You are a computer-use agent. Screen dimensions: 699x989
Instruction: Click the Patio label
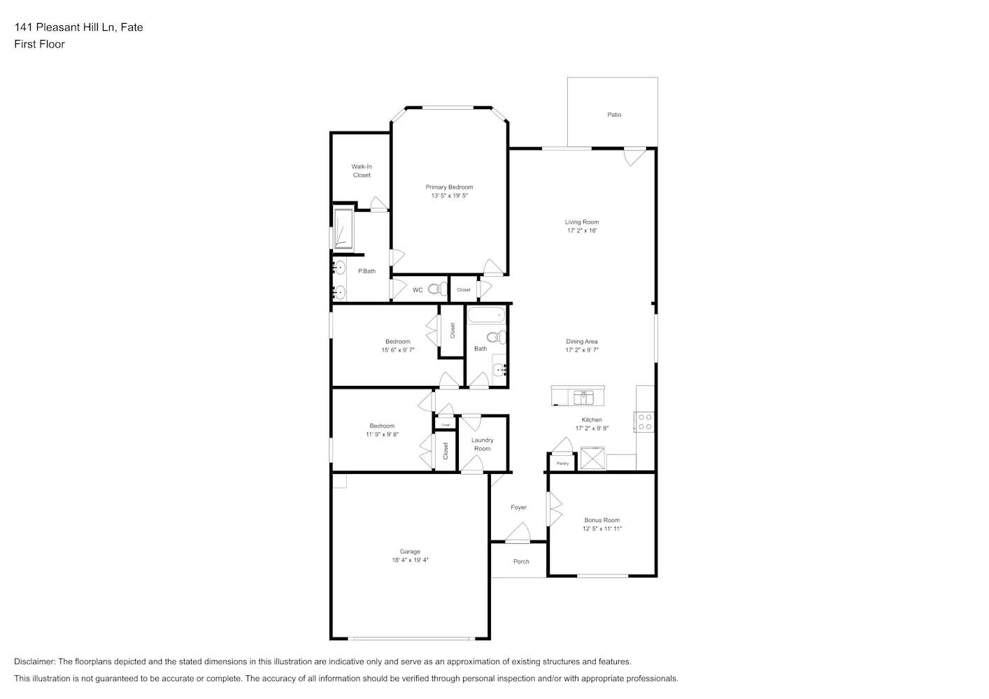(613, 115)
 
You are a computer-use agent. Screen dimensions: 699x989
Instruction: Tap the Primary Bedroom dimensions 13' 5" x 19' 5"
(449, 196)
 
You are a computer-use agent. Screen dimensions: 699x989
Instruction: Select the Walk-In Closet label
(362, 171)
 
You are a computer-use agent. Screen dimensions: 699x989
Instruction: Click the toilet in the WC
(438, 289)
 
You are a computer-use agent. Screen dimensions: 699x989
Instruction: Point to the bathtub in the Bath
(485, 315)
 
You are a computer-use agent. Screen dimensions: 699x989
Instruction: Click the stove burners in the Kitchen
(644, 421)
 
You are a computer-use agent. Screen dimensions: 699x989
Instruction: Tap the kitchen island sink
(583, 397)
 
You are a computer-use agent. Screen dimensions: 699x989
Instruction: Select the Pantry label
(562, 463)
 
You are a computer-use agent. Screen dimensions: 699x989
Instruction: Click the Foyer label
(518, 507)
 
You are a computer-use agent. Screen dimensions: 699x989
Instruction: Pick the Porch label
(521, 561)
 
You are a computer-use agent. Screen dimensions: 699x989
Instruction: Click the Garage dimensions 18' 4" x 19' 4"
(410, 560)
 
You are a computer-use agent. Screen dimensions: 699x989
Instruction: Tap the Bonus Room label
(602, 520)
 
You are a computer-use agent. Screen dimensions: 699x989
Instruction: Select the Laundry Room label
(482, 445)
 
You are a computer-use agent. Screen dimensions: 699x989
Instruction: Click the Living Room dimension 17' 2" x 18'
(581, 231)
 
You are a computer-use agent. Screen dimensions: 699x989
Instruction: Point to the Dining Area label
(581, 342)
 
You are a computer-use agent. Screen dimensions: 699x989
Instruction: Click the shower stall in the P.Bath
(343, 229)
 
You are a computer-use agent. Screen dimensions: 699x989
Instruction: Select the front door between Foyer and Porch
(518, 535)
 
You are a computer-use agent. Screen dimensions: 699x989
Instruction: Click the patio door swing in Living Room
(634, 157)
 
